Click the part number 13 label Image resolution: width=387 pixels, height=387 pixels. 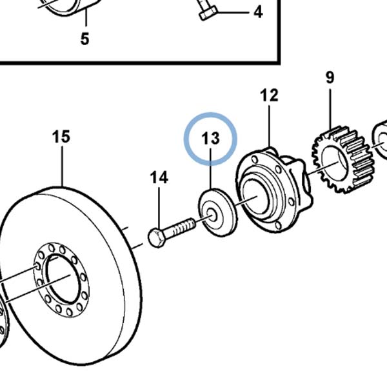point(210,138)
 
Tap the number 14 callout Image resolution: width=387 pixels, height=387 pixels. point(159,177)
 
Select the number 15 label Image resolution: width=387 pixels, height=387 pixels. point(61,137)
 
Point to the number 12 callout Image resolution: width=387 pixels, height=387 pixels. point(269,95)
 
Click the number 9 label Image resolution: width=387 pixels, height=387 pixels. point(330,77)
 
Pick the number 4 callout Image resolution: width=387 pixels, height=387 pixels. point(258,12)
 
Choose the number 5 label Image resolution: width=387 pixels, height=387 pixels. point(84,39)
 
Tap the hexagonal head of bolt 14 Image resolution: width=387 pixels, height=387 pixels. point(156,238)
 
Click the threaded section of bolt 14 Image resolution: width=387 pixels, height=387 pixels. point(184,226)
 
